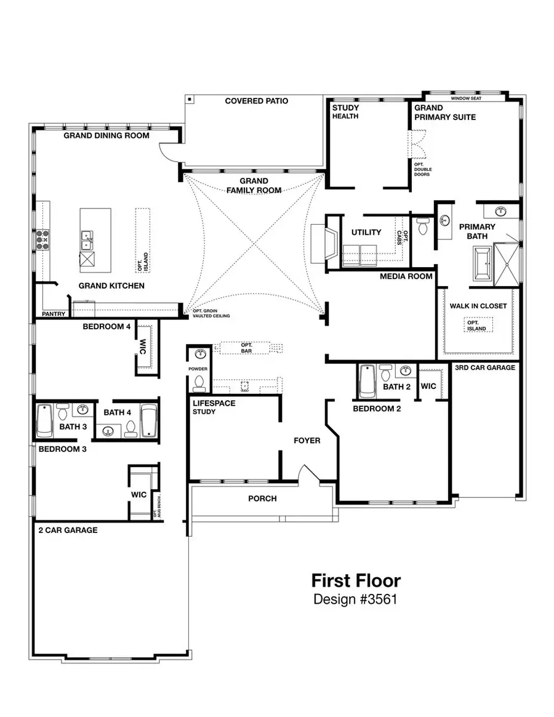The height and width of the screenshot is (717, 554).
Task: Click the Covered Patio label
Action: [256, 101]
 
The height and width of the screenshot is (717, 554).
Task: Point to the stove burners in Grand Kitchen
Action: [42, 239]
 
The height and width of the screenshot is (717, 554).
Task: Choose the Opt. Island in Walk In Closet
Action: [477, 326]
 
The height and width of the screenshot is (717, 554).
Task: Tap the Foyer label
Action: [307, 441]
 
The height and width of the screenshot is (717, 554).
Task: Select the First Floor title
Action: [355, 580]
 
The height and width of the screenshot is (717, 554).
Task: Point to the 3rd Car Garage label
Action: [485, 367]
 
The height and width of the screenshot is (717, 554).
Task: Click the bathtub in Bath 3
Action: [44, 420]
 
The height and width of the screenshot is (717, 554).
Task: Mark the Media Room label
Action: [406, 276]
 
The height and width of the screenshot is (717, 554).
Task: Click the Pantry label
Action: [54, 314]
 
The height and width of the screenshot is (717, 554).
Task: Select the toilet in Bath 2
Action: [387, 373]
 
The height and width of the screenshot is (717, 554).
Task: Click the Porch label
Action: [262, 499]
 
